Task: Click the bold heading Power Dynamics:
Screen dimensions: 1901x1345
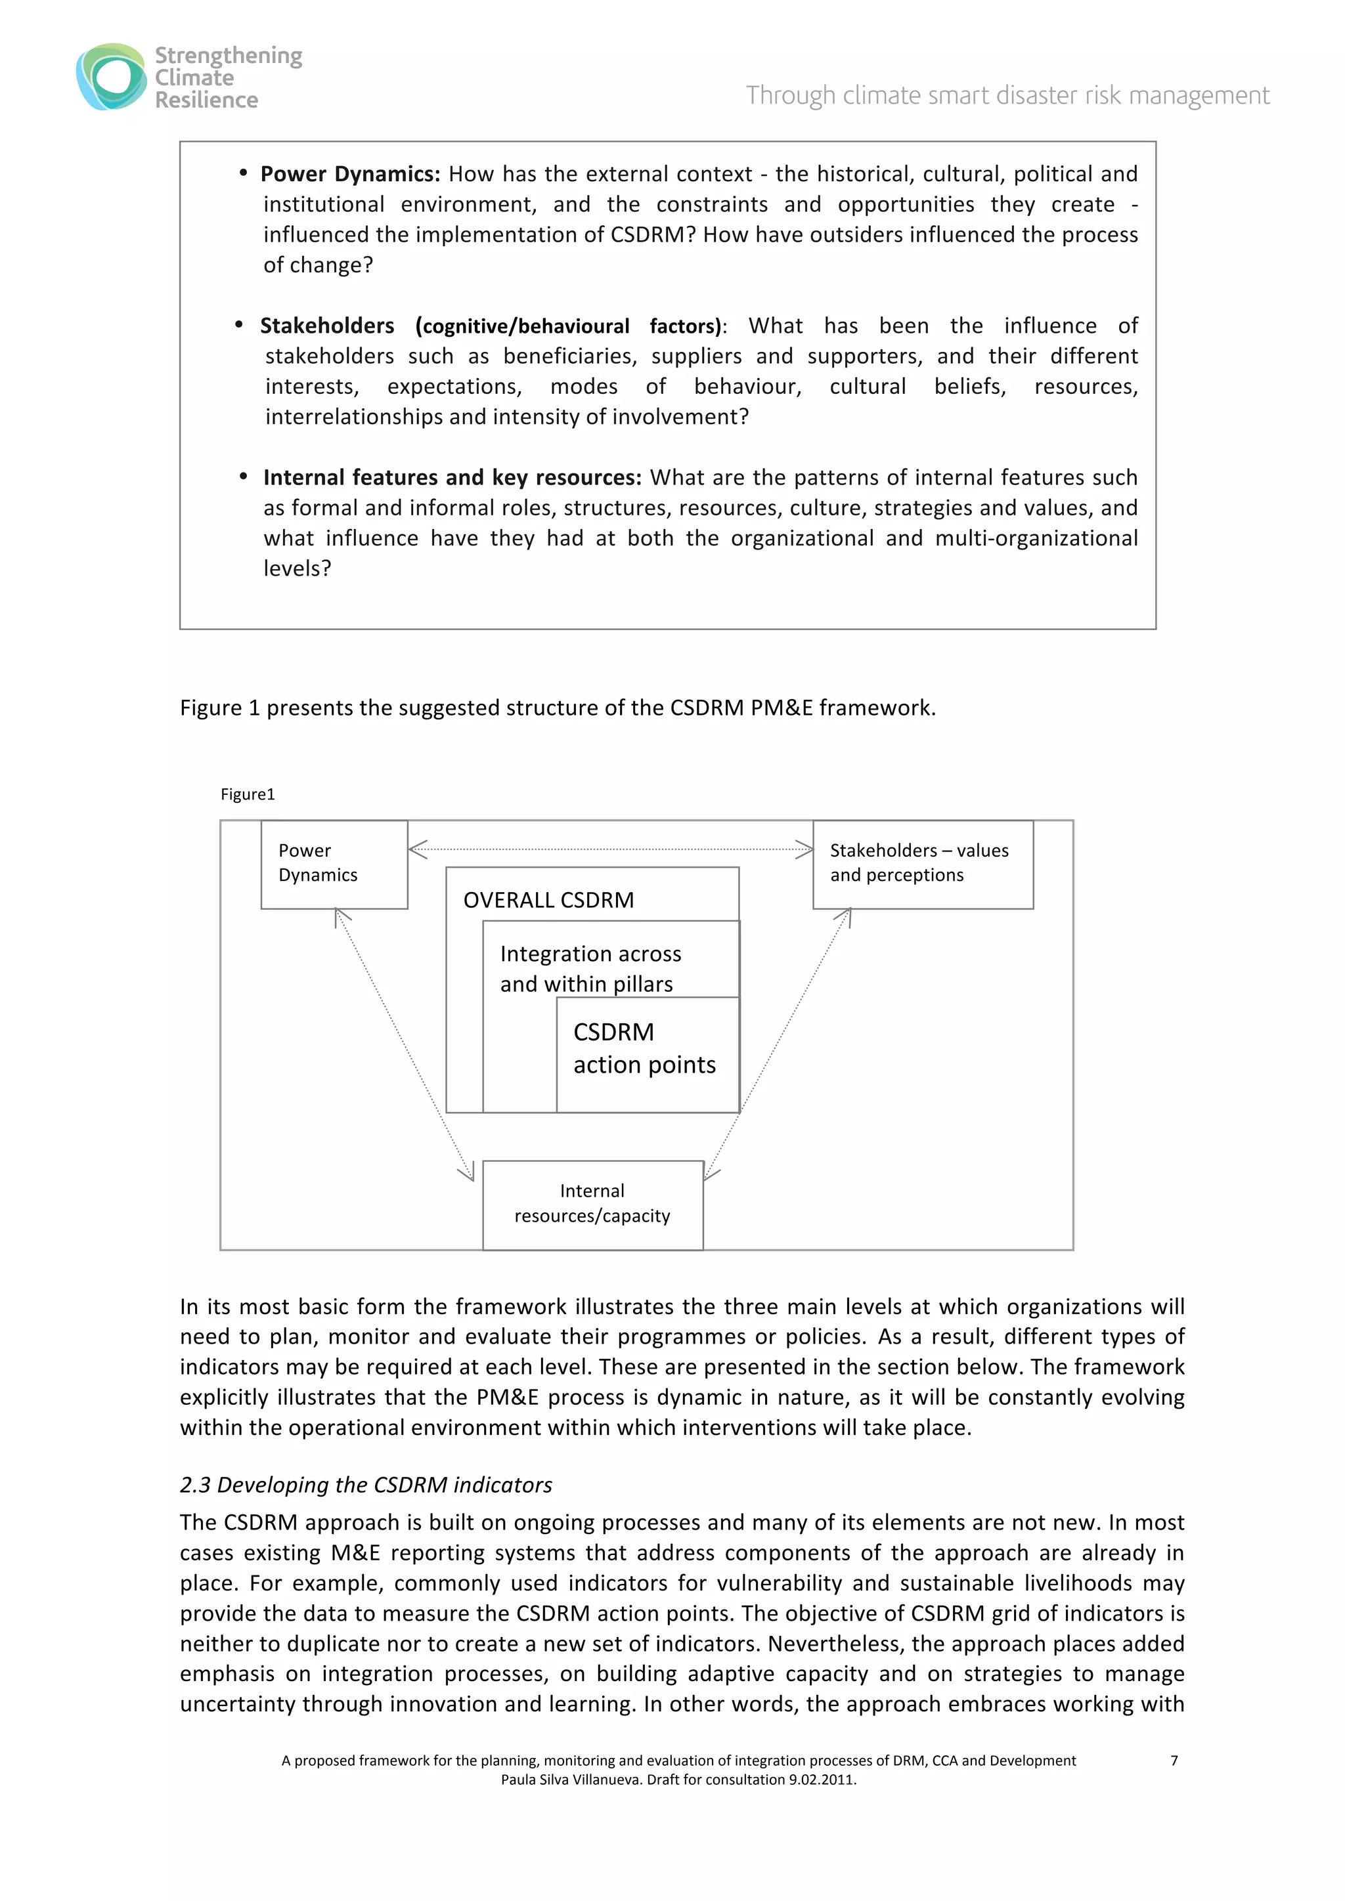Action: point(349,174)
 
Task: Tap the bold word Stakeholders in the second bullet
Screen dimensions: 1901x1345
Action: point(327,326)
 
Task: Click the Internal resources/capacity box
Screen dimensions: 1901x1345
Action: point(592,1204)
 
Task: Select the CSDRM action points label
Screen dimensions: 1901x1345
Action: point(644,1048)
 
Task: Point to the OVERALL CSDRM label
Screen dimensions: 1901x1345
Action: point(548,900)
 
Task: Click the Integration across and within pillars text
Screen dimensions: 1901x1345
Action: point(590,969)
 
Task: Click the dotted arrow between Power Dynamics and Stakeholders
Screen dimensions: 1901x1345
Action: point(610,849)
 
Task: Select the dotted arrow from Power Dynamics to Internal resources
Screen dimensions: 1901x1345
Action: point(404,1043)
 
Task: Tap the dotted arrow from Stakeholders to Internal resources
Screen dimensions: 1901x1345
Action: point(778,1043)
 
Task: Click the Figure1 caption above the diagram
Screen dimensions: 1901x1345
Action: point(248,795)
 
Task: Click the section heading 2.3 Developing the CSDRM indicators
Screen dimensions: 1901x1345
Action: point(365,1485)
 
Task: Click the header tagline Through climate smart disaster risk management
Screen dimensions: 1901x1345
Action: point(1007,95)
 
